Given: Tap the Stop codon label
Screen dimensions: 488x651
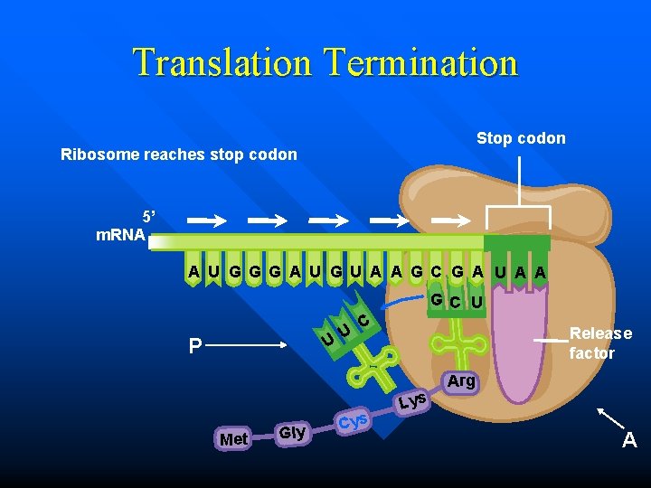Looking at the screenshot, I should [x=521, y=138].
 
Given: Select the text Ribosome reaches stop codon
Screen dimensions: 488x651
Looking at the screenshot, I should [x=178, y=155].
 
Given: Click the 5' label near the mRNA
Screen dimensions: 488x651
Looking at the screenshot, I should [x=149, y=217].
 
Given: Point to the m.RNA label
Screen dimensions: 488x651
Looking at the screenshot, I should [x=122, y=235].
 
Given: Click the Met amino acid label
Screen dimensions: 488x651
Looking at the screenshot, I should [x=233, y=439].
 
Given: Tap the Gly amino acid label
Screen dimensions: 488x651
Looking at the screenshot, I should [x=292, y=432].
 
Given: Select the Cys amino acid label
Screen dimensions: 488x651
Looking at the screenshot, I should [x=353, y=420].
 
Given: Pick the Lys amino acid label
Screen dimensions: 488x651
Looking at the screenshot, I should [x=412, y=399].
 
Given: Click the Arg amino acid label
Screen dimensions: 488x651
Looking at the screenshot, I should [x=461, y=381].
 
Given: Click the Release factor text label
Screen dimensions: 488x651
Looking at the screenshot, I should [x=600, y=343].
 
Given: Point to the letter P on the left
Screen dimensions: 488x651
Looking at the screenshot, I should [x=194, y=346].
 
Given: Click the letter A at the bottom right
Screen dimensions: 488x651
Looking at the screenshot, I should [x=629, y=442].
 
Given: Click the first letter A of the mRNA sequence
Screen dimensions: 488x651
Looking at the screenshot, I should [x=193, y=271].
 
